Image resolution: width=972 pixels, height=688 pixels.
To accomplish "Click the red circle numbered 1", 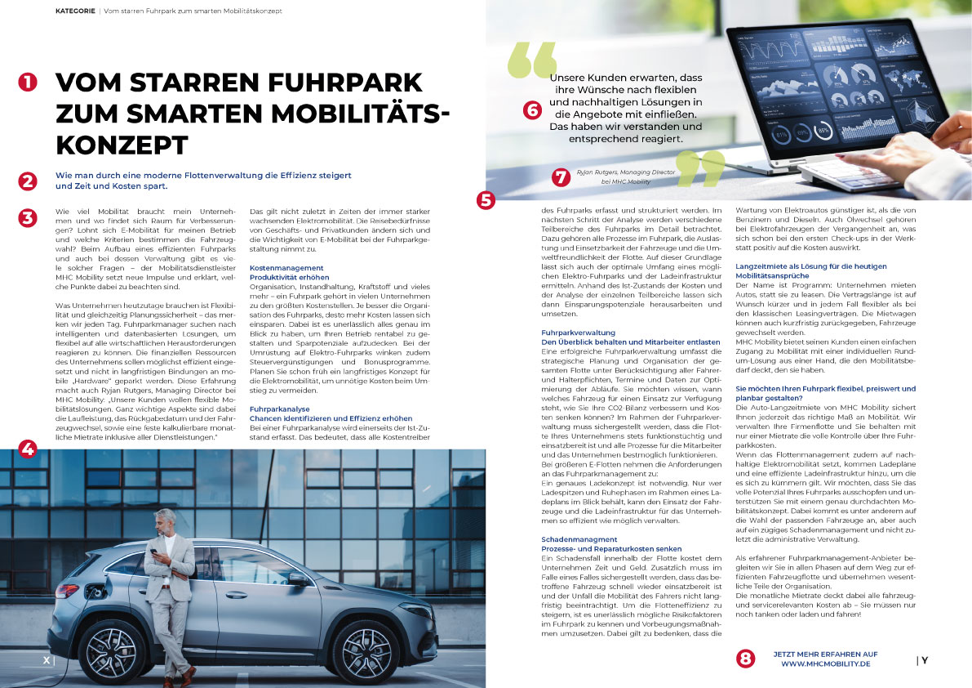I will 29,82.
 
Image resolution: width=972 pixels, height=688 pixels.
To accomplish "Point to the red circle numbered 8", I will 745,658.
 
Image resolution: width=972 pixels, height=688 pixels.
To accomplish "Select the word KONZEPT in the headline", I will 122,145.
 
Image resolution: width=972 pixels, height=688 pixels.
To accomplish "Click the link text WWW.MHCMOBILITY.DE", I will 826,663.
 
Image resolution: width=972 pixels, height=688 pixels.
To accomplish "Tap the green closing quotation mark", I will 700,168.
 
